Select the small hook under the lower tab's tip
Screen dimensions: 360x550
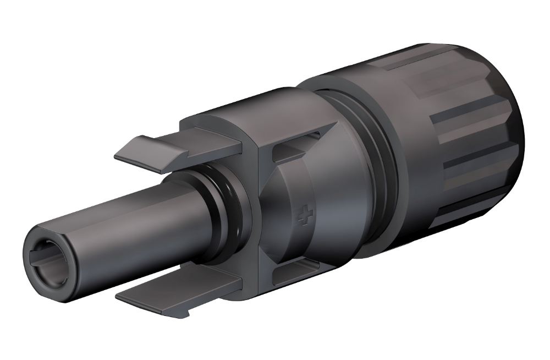point(187,314)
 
